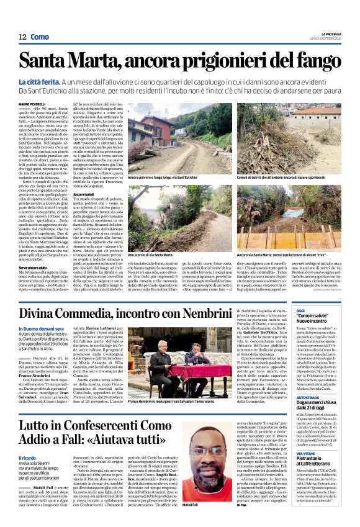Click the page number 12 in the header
click(22, 37)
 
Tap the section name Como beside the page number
click(40, 37)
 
